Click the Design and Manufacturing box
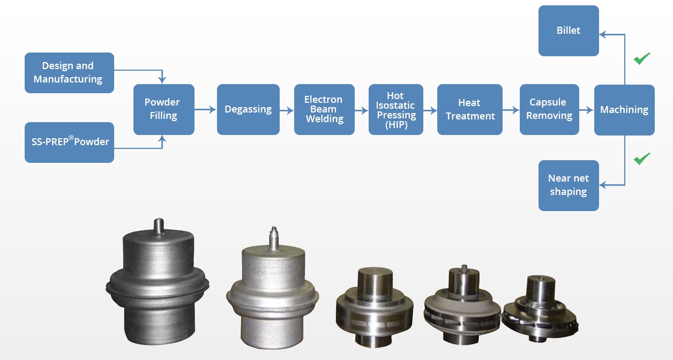coord(69,73)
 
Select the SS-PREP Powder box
coord(69,142)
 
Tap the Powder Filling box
coord(163,109)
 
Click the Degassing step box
coord(248,109)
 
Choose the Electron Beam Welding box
coord(324,109)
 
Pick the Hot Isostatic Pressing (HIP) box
coord(395,109)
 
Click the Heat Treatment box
coord(470,109)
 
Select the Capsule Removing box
coord(549,109)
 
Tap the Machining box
coord(624,109)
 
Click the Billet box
coord(569,31)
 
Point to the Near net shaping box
coord(569,185)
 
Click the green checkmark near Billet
coord(642,58)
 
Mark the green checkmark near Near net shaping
coord(642,159)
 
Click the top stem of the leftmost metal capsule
coord(158,224)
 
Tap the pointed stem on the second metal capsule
coord(274,235)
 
